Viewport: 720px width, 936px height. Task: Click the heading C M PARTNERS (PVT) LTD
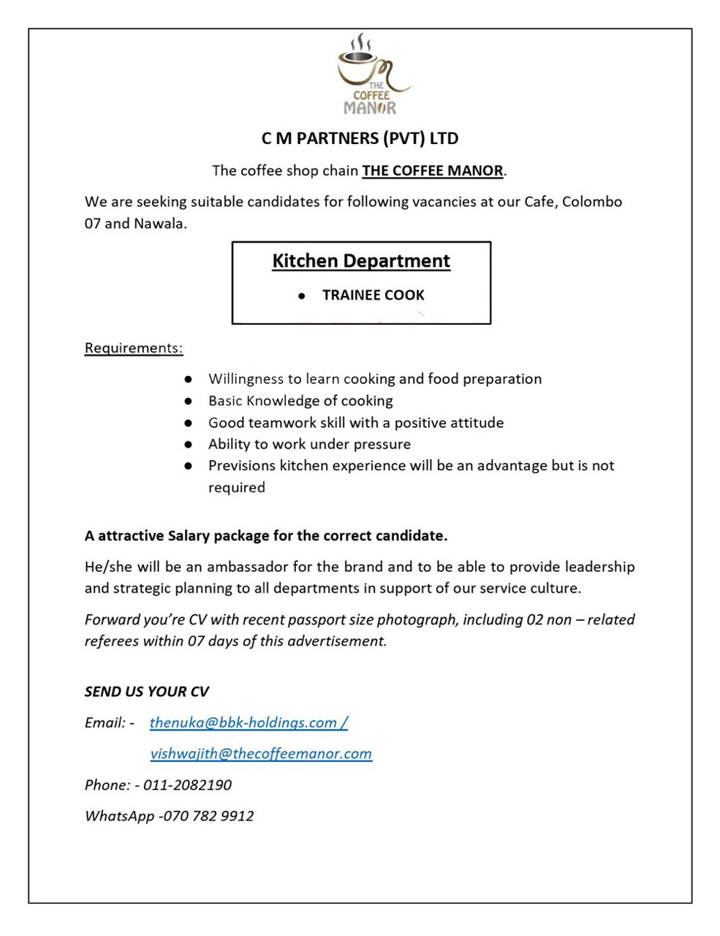360,137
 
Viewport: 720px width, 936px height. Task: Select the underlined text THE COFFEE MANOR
433,171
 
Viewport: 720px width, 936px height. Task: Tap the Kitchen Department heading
361,261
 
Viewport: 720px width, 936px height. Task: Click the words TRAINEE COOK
373,295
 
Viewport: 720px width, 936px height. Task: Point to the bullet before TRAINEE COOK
301,296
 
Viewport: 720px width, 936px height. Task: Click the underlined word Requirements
134,347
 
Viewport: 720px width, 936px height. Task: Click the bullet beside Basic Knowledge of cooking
189,401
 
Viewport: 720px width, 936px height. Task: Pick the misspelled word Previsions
242,466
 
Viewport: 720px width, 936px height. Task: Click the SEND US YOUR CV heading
147,692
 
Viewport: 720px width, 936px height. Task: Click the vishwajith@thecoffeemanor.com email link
261,753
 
